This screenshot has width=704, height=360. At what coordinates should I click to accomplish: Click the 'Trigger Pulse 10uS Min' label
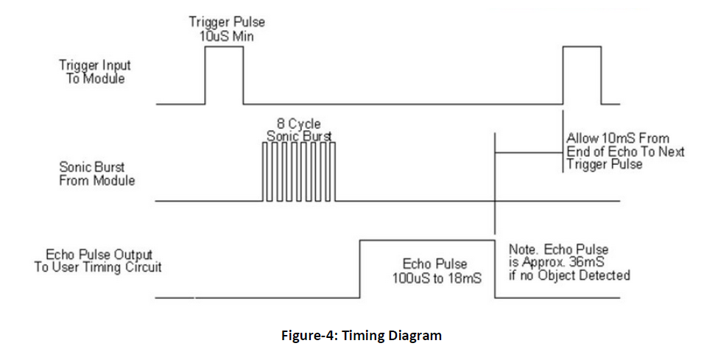(226, 29)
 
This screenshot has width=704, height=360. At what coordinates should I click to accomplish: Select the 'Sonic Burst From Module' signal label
(96, 174)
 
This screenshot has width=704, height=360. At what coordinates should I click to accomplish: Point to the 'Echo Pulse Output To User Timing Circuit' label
(98, 261)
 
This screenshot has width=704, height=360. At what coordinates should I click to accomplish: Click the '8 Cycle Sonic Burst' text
(298, 130)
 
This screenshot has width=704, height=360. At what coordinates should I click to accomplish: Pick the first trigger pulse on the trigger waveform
(224, 74)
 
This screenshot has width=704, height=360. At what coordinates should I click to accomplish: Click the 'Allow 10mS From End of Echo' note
(625, 151)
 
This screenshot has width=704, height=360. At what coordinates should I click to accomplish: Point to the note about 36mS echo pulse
(569, 262)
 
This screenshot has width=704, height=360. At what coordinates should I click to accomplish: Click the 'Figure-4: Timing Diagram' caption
(361, 336)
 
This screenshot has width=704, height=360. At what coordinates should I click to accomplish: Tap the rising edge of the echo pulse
(359, 269)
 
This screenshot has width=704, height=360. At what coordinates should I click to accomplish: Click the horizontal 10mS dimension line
(529, 152)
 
